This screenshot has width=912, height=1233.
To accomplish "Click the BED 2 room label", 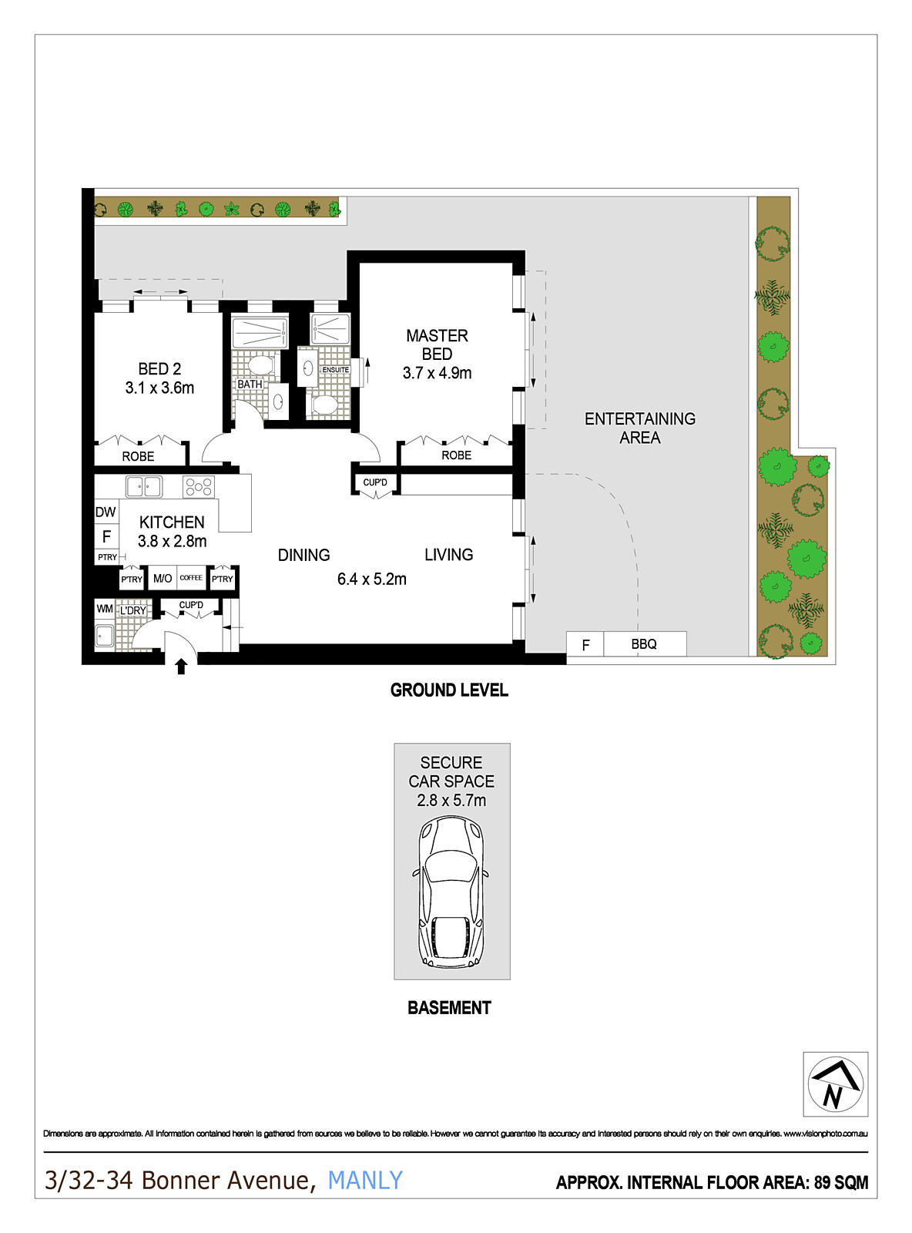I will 159,369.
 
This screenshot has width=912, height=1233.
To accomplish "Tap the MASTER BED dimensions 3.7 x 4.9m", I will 437,373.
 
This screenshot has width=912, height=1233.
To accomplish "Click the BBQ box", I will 644,644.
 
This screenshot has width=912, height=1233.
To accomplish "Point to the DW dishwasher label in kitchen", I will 106,512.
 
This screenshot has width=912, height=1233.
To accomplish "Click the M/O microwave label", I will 163,578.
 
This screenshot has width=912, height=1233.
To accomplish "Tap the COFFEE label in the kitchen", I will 191,577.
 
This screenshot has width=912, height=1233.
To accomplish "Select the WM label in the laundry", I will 104,609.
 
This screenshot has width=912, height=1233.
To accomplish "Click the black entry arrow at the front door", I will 181,666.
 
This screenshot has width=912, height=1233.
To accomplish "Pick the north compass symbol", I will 835,1083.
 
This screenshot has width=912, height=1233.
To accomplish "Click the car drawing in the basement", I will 451,892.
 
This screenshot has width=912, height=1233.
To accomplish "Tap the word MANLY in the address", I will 365,1180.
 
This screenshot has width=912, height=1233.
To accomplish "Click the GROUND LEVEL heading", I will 449,690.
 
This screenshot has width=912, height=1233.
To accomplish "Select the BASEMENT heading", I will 449,1008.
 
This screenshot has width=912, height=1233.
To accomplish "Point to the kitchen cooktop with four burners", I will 199,487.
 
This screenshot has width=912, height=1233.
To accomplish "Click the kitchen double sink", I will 144,487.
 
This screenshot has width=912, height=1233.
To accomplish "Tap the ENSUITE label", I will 335,370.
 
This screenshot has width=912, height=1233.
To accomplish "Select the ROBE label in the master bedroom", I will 456,455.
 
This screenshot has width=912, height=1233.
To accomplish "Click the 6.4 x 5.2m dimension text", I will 371,580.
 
